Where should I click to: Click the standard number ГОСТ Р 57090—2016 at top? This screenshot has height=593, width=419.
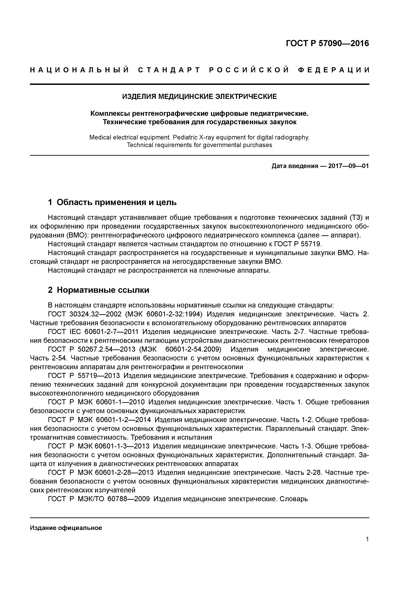(x=327, y=43)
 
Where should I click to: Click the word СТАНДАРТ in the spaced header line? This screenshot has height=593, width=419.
(x=169, y=70)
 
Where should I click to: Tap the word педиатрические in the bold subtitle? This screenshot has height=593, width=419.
(x=279, y=113)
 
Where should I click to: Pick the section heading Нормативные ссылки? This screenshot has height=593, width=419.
(x=103, y=290)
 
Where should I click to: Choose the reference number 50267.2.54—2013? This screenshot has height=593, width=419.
(x=106, y=349)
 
